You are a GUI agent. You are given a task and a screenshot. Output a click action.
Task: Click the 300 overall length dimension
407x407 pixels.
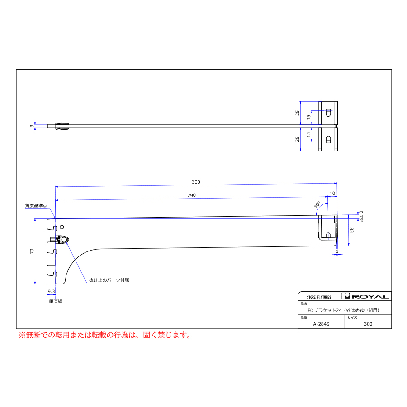(x=196, y=182)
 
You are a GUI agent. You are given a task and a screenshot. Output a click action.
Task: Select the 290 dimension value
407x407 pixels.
(x=192, y=195)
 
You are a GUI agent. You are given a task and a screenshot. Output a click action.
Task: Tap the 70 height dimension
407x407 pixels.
(x=32, y=251)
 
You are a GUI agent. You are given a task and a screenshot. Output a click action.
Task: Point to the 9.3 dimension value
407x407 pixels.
(x=52, y=292)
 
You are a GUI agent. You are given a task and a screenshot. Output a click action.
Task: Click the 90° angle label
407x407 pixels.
(x=317, y=205)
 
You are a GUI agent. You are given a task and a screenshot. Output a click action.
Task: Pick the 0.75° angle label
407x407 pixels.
(x=360, y=217)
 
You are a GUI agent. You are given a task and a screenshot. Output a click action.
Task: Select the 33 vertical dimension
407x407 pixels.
(x=351, y=230)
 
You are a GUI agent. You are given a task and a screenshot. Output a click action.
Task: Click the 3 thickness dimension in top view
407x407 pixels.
(x=32, y=126)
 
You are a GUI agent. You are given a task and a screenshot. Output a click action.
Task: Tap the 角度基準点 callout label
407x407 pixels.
(x=36, y=206)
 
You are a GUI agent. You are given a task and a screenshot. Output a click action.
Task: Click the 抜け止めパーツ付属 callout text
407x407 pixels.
(x=109, y=280)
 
